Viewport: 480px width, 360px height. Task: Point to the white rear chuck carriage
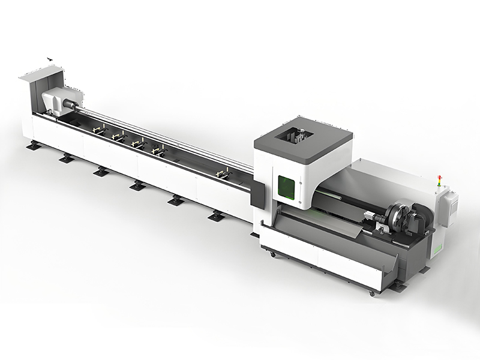point(61,100)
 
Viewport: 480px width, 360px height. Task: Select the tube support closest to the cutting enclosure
point(223,174)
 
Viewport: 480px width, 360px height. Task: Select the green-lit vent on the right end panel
point(439,247)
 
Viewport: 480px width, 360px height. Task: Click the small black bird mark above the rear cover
point(50,59)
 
